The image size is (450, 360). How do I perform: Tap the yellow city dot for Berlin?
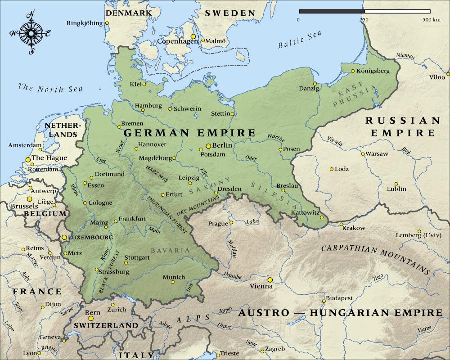tap(208, 146)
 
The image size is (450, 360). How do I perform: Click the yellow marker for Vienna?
tap(270, 280)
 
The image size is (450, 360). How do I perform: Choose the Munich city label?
tap(174, 277)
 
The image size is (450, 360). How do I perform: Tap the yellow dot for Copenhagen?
tap(193, 36)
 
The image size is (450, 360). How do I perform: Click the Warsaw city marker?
tap(363, 154)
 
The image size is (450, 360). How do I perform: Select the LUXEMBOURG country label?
tap(90, 237)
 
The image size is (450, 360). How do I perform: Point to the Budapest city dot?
tap(324, 301)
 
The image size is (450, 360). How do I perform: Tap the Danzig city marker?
tap(315, 83)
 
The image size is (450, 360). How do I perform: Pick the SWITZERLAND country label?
tap(106, 325)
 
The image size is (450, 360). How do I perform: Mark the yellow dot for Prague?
tap(231, 222)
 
